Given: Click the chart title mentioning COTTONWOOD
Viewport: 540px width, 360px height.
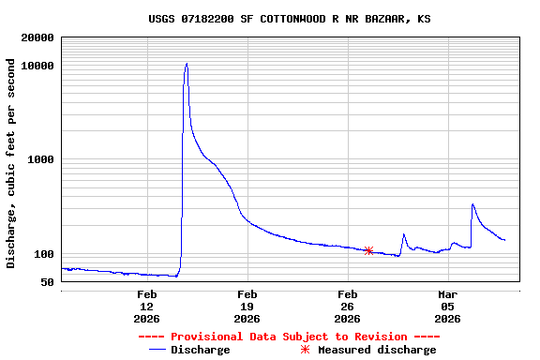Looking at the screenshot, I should (290, 19).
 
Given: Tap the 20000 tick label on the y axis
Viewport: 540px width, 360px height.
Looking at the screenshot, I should (37, 38).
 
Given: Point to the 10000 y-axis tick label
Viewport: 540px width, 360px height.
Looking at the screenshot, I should (37, 66).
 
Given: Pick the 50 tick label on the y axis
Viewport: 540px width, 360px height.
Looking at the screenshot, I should (47, 282).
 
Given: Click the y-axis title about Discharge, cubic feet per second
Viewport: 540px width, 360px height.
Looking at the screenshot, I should (11, 163).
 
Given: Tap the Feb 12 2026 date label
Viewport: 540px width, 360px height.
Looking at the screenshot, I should (147, 307).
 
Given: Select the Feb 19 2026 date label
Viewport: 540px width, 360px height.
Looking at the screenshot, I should (247, 307).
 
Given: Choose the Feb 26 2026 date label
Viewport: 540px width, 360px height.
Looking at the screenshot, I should (347, 307).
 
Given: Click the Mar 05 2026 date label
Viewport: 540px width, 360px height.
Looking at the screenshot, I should (447, 307).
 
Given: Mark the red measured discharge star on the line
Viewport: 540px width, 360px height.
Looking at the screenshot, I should (368, 250).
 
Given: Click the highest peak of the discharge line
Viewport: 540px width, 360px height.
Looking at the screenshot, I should (187, 64).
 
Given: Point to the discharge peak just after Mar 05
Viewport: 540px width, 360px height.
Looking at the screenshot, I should (472, 204).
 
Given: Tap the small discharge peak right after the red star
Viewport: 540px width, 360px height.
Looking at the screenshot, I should (404, 234).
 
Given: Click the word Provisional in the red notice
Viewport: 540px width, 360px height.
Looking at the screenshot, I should (204, 337).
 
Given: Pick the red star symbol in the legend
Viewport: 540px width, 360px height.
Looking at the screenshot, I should (304, 350).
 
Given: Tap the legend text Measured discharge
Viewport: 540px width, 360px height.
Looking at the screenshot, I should (377, 350).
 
